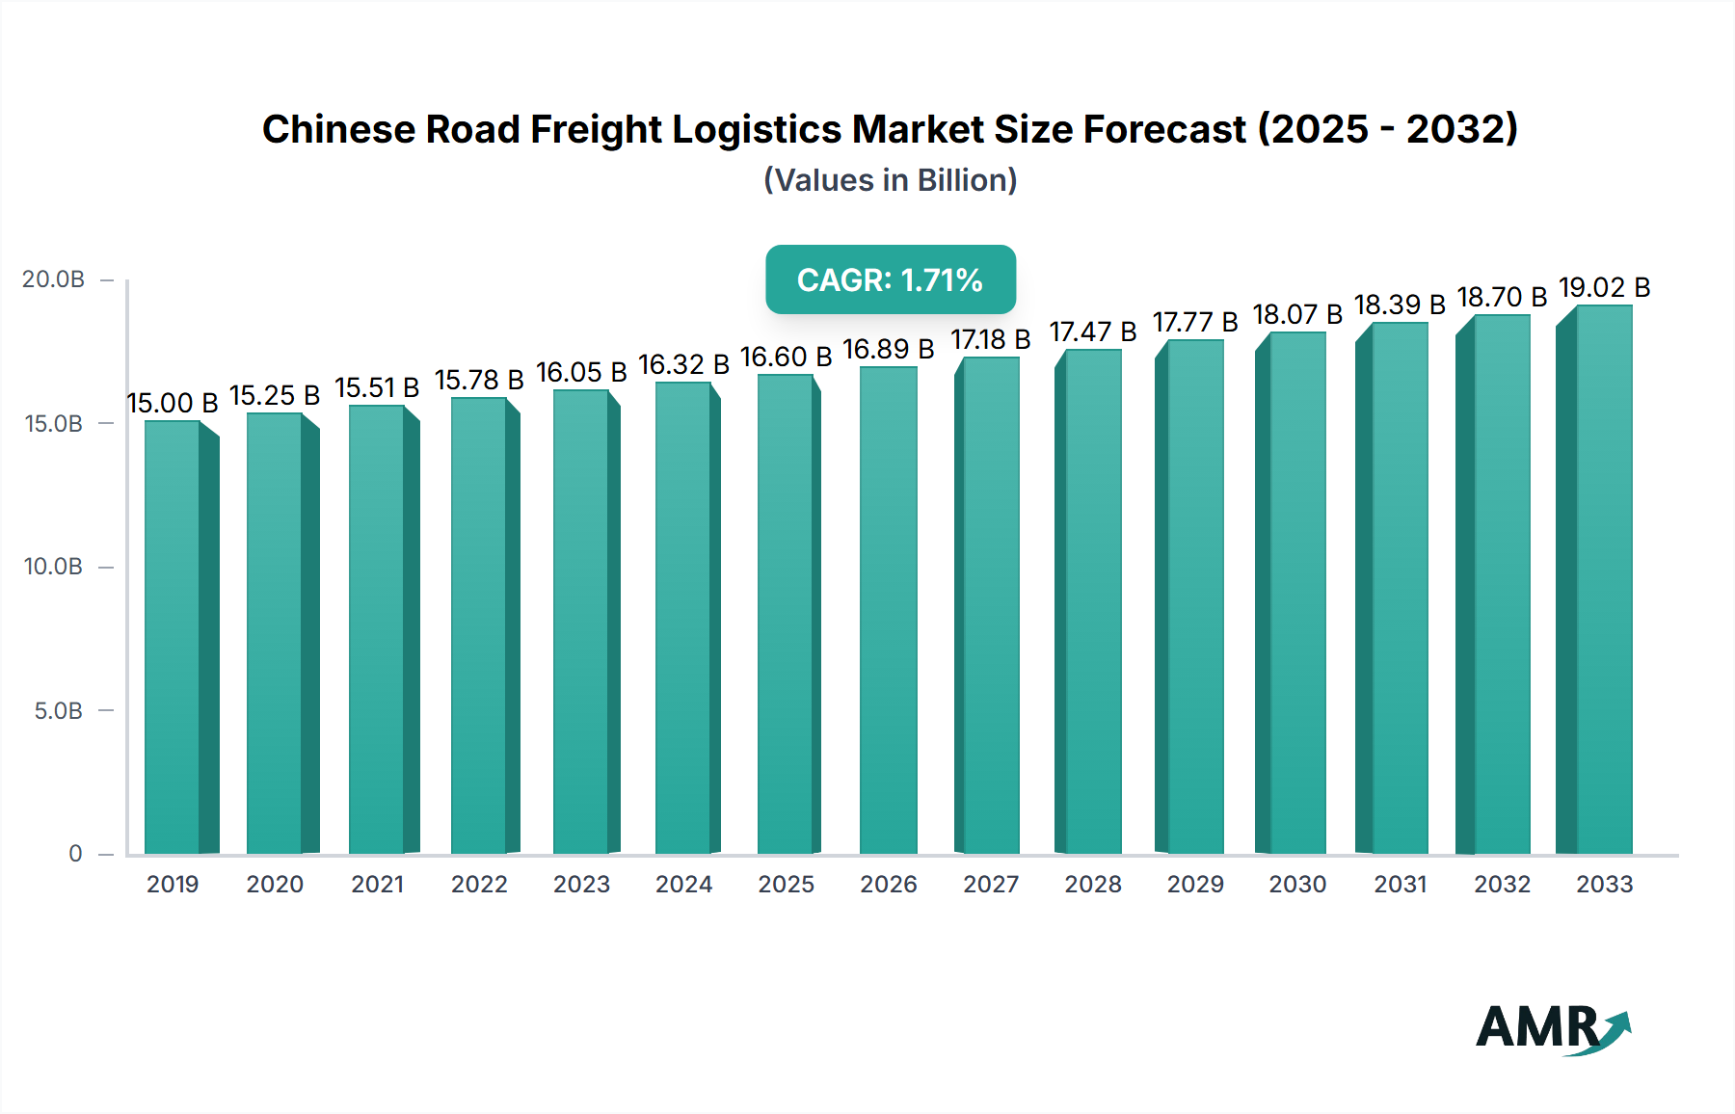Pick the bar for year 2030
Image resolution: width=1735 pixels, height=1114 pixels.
coord(1297,593)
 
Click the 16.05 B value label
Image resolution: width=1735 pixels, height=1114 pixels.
coord(581,372)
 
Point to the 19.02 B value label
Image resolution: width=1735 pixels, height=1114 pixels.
coord(1604,287)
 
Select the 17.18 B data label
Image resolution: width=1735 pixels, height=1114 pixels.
coord(991,339)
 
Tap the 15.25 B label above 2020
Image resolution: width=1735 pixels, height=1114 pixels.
coord(275,395)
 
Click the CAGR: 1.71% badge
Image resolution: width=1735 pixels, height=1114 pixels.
coord(890,279)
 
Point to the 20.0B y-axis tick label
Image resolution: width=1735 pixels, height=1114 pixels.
coord(53,279)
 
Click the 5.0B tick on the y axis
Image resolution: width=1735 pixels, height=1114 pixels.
coord(58,711)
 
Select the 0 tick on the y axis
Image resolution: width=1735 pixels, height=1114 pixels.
coord(75,854)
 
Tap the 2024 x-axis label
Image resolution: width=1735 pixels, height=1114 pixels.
coord(683,884)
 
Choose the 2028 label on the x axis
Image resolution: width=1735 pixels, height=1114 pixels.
coord(1093,884)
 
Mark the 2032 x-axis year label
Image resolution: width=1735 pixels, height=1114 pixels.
coord(1502,884)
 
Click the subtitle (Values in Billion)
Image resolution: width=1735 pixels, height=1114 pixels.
coord(890,180)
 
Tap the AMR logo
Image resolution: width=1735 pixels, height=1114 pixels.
coord(1552,1028)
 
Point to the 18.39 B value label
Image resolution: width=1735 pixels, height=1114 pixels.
coord(1400,305)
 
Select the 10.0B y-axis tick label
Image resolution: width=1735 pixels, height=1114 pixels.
coord(53,567)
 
